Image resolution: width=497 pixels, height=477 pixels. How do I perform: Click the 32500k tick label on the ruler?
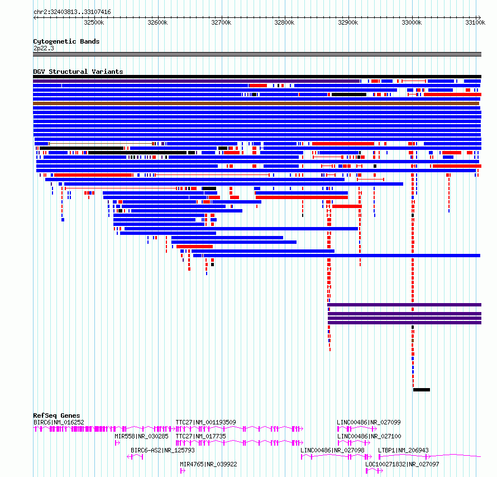coord(94,22)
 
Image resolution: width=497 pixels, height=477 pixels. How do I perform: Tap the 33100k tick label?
coord(476,22)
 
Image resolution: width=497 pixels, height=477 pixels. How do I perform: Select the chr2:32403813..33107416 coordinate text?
coord(72,12)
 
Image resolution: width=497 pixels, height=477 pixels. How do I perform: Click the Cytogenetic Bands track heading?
coord(66,41)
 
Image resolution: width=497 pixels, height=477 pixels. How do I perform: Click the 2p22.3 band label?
coord(44,48)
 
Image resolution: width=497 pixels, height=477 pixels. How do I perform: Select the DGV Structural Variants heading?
coord(78,72)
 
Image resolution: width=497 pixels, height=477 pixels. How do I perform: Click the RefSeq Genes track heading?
coord(56,415)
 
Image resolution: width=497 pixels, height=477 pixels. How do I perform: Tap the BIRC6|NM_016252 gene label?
coord(59,422)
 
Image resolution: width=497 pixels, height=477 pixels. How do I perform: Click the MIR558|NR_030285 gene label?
coord(141,436)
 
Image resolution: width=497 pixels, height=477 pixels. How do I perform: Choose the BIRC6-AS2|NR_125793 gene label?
coord(163,450)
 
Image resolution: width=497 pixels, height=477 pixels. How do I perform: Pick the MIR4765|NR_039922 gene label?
coord(208,464)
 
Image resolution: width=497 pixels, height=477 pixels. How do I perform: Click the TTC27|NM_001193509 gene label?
coord(206,422)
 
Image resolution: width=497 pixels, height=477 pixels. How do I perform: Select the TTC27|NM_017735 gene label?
coord(200,436)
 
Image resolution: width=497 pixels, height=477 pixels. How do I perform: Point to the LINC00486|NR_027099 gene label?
coord(369,422)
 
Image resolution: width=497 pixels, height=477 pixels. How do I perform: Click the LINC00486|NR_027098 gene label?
coord(332,450)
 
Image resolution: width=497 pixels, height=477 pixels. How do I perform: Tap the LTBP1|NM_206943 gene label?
coord(403,450)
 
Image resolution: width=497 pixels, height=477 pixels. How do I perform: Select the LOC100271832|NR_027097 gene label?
coord(402,464)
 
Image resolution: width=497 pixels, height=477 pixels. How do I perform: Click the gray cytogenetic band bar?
coord(257,54)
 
